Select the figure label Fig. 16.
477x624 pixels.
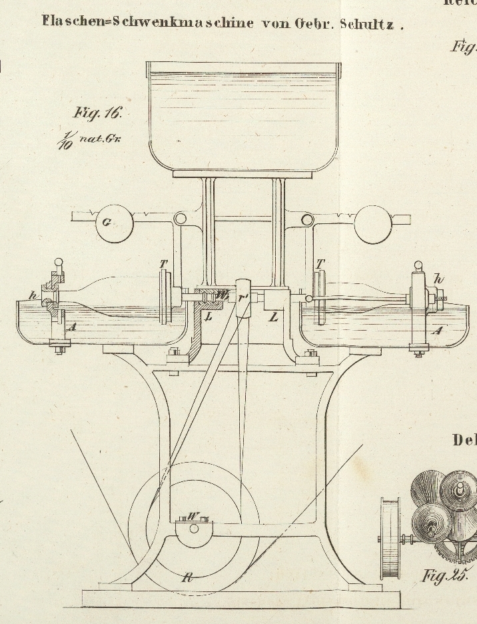98,113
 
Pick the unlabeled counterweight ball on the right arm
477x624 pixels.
372,223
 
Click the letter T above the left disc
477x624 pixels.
163,264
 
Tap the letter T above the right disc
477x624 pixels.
320,264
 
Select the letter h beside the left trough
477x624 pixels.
32,295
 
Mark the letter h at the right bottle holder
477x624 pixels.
438,278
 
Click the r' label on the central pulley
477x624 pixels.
244,298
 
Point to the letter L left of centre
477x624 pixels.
209,316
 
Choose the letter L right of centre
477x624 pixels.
273,317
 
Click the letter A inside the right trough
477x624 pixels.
437,330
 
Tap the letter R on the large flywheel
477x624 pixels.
188,577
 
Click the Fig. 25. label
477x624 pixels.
445,575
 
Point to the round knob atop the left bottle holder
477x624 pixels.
59,262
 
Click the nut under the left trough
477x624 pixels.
59,347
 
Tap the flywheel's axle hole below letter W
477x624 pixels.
194,529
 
